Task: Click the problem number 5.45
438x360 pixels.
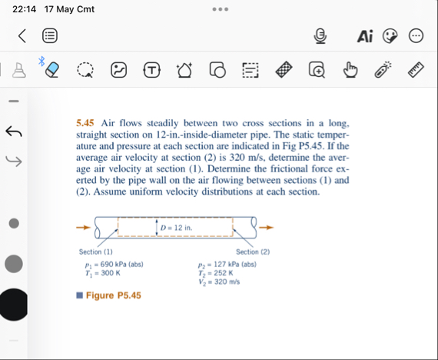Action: click(x=85, y=123)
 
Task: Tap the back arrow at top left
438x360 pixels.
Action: click(x=22, y=35)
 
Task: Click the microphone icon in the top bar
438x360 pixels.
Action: click(x=321, y=36)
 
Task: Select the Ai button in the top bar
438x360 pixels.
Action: click(x=365, y=36)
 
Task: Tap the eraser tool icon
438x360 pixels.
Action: click(x=51, y=70)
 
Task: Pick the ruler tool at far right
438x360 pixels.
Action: click(x=416, y=70)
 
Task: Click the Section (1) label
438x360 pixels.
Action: click(x=96, y=252)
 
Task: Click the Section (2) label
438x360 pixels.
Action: click(x=253, y=252)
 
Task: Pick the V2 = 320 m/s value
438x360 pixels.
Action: click(x=219, y=282)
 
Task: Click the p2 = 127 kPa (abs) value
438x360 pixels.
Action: click(x=227, y=265)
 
